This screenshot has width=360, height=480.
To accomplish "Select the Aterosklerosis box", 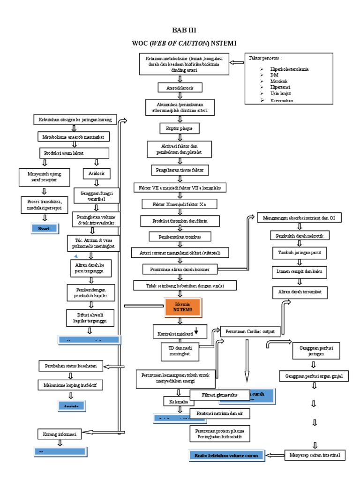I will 180,88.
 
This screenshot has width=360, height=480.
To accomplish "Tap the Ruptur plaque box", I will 180,128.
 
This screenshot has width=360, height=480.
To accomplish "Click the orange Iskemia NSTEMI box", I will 182,307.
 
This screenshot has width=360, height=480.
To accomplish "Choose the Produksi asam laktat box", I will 74,153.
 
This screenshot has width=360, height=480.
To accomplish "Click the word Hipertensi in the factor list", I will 280,87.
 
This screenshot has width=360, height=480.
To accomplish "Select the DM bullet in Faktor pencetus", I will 274,75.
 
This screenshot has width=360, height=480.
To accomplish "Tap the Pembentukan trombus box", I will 180,236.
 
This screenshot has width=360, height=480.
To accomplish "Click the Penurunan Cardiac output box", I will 250,331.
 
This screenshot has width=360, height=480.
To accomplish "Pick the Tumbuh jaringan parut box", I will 300,253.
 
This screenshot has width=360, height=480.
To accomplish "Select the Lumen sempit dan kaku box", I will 300,271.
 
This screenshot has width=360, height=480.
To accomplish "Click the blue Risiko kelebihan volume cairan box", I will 226,454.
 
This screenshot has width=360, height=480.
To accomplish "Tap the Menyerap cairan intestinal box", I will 315,455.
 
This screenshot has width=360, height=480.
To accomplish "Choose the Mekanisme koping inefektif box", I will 70,385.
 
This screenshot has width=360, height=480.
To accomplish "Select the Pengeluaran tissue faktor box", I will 180,169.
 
